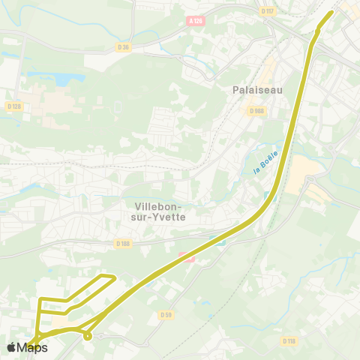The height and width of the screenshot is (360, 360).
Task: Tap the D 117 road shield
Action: coord(267,10)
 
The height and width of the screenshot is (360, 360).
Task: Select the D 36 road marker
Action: coord(124,46)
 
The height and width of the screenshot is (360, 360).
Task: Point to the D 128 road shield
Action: coord(13,106)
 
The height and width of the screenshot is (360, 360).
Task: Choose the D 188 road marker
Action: coord(123,243)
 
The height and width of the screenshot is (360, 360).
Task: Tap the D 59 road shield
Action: coord(166,314)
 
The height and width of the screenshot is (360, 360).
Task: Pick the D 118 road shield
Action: coord(289,340)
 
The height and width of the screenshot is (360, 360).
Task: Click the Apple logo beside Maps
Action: coord(12,347)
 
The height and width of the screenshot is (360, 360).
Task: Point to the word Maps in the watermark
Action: coord(33,347)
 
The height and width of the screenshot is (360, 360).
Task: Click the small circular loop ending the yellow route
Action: coord(88,335)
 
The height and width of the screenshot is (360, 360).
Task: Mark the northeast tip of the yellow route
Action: coord(331,12)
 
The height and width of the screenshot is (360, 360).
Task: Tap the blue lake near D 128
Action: coord(64,78)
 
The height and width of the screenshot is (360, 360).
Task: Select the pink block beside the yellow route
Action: coord(186,257)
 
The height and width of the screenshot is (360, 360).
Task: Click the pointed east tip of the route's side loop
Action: coord(115,278)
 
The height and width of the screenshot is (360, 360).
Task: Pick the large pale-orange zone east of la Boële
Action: coord(304,175)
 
